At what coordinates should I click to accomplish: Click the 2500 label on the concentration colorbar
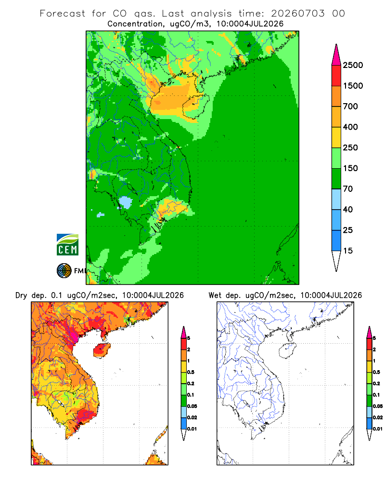tap(353, 65)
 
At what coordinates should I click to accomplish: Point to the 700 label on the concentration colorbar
tap(350, 107)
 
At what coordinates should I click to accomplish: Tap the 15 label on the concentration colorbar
tap(348, 251)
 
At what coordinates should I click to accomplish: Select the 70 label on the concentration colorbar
tap(348, 189)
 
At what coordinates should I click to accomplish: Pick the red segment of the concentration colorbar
tap(336, 76)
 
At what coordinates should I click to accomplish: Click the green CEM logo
tap(67, 245)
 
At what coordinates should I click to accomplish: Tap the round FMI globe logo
tap(64, 271)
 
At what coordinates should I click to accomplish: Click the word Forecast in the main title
tap(63, 13)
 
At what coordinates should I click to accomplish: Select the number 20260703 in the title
tap(298, 13)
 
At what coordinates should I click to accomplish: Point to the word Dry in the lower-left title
tap(21, 295)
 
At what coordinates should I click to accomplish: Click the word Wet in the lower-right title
tap(215, 295)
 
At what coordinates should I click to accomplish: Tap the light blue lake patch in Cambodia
tap(125, 202)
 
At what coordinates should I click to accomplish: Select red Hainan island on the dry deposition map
tap(102, 350)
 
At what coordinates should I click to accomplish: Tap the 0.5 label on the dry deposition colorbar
tap(191, 372)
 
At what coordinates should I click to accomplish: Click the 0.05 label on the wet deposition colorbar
tap(378, 406)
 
